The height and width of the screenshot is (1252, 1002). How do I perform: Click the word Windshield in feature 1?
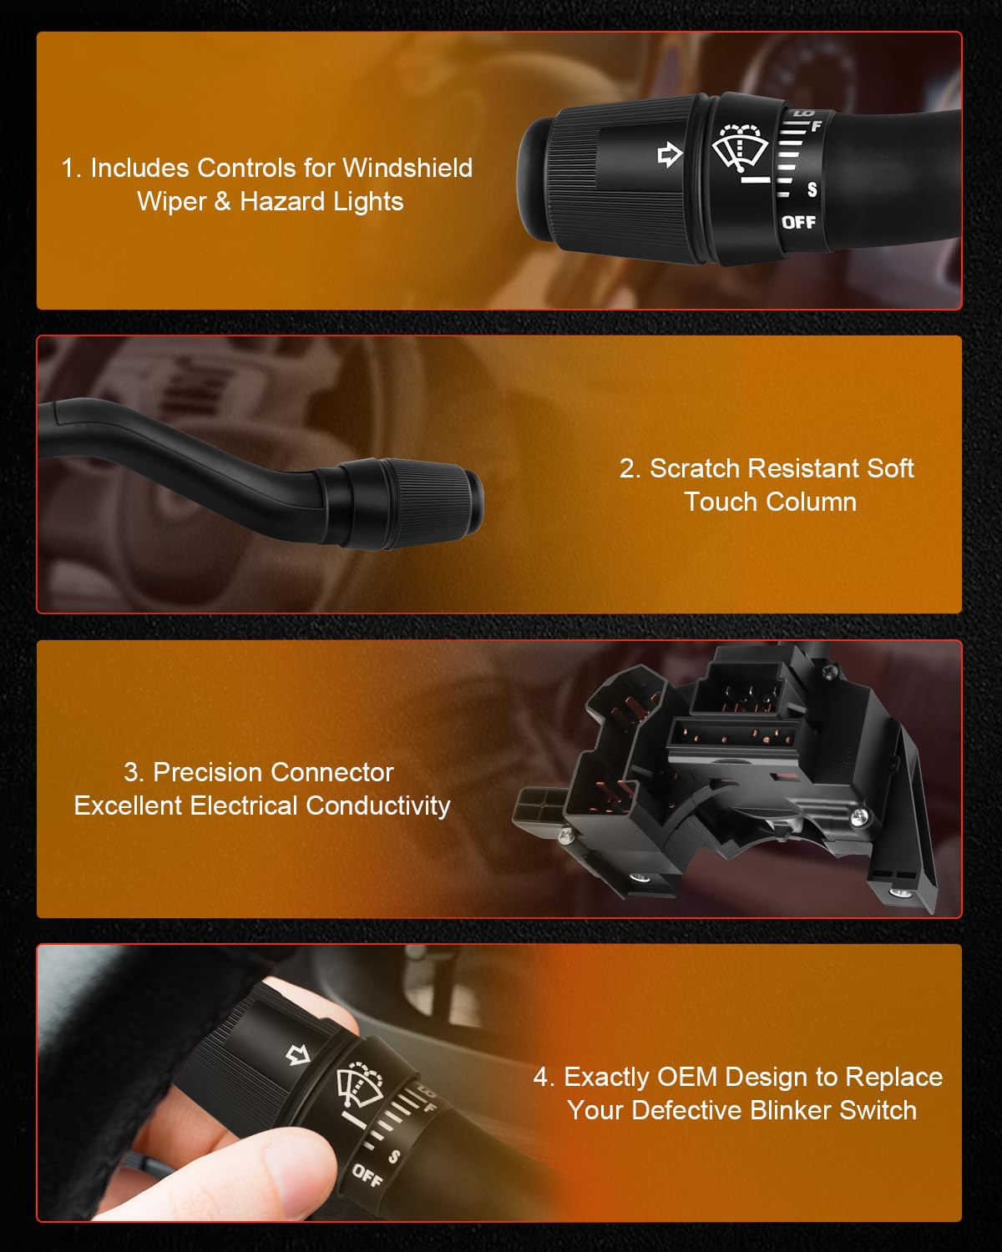(x=407, y=168)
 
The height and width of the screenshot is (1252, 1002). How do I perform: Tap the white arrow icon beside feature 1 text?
(x=670, y=154)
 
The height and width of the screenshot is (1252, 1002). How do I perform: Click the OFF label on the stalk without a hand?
(x=798, y=222)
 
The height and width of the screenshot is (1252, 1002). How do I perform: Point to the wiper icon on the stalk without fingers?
(x=741, y=147)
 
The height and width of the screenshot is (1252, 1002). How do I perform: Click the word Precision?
(x=206, y=773)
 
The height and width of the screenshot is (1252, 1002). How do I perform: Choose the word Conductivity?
(x=378, y=805)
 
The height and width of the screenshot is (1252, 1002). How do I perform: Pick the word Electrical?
(x=245, y=805)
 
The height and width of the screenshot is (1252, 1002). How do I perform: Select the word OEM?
(x=687, y=1077)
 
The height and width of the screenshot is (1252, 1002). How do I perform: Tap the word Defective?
(x=687, y=1110)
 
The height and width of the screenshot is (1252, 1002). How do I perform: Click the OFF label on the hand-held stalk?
(x=367, y=1175)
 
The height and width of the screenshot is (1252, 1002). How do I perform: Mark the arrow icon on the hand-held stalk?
(x=298, y=1055)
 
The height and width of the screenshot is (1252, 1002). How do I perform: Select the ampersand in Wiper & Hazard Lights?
(x=222, y=202)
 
